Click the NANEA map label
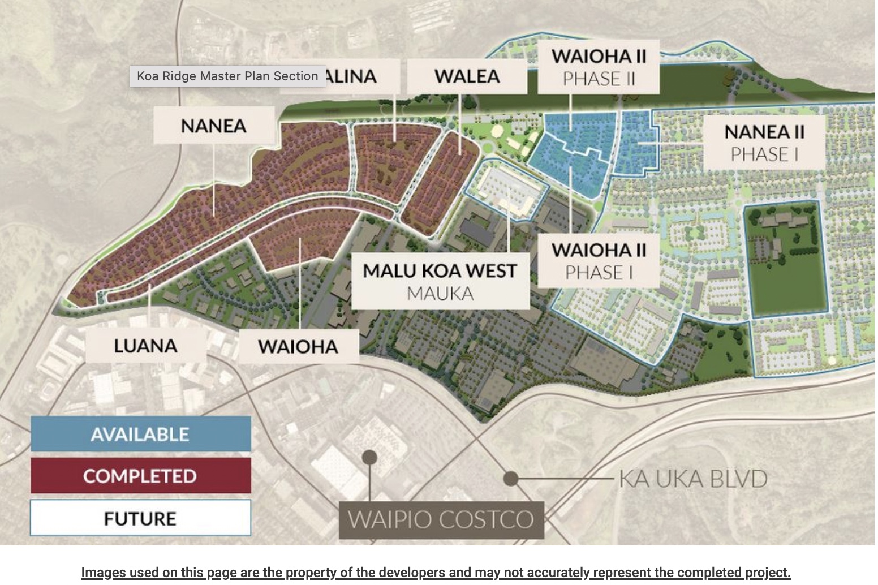click(214, 125)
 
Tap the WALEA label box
click(467, 76)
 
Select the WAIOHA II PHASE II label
click(599, 67)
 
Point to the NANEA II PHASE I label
click(764, 143)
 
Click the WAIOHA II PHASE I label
click(599, 261)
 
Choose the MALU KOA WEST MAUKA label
click(440, 281)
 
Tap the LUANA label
click(145, 346)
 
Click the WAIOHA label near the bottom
click(298, 346)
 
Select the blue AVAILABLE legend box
click(140, 434)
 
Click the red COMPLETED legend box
click(140, 476)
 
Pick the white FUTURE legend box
click(140, 518)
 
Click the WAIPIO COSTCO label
click(441, 519)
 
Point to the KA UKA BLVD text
click(693, 479)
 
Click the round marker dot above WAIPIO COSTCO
click(369, 457)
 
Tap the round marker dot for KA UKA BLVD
click(511, 479)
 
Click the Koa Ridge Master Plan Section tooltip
click(227, 76)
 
